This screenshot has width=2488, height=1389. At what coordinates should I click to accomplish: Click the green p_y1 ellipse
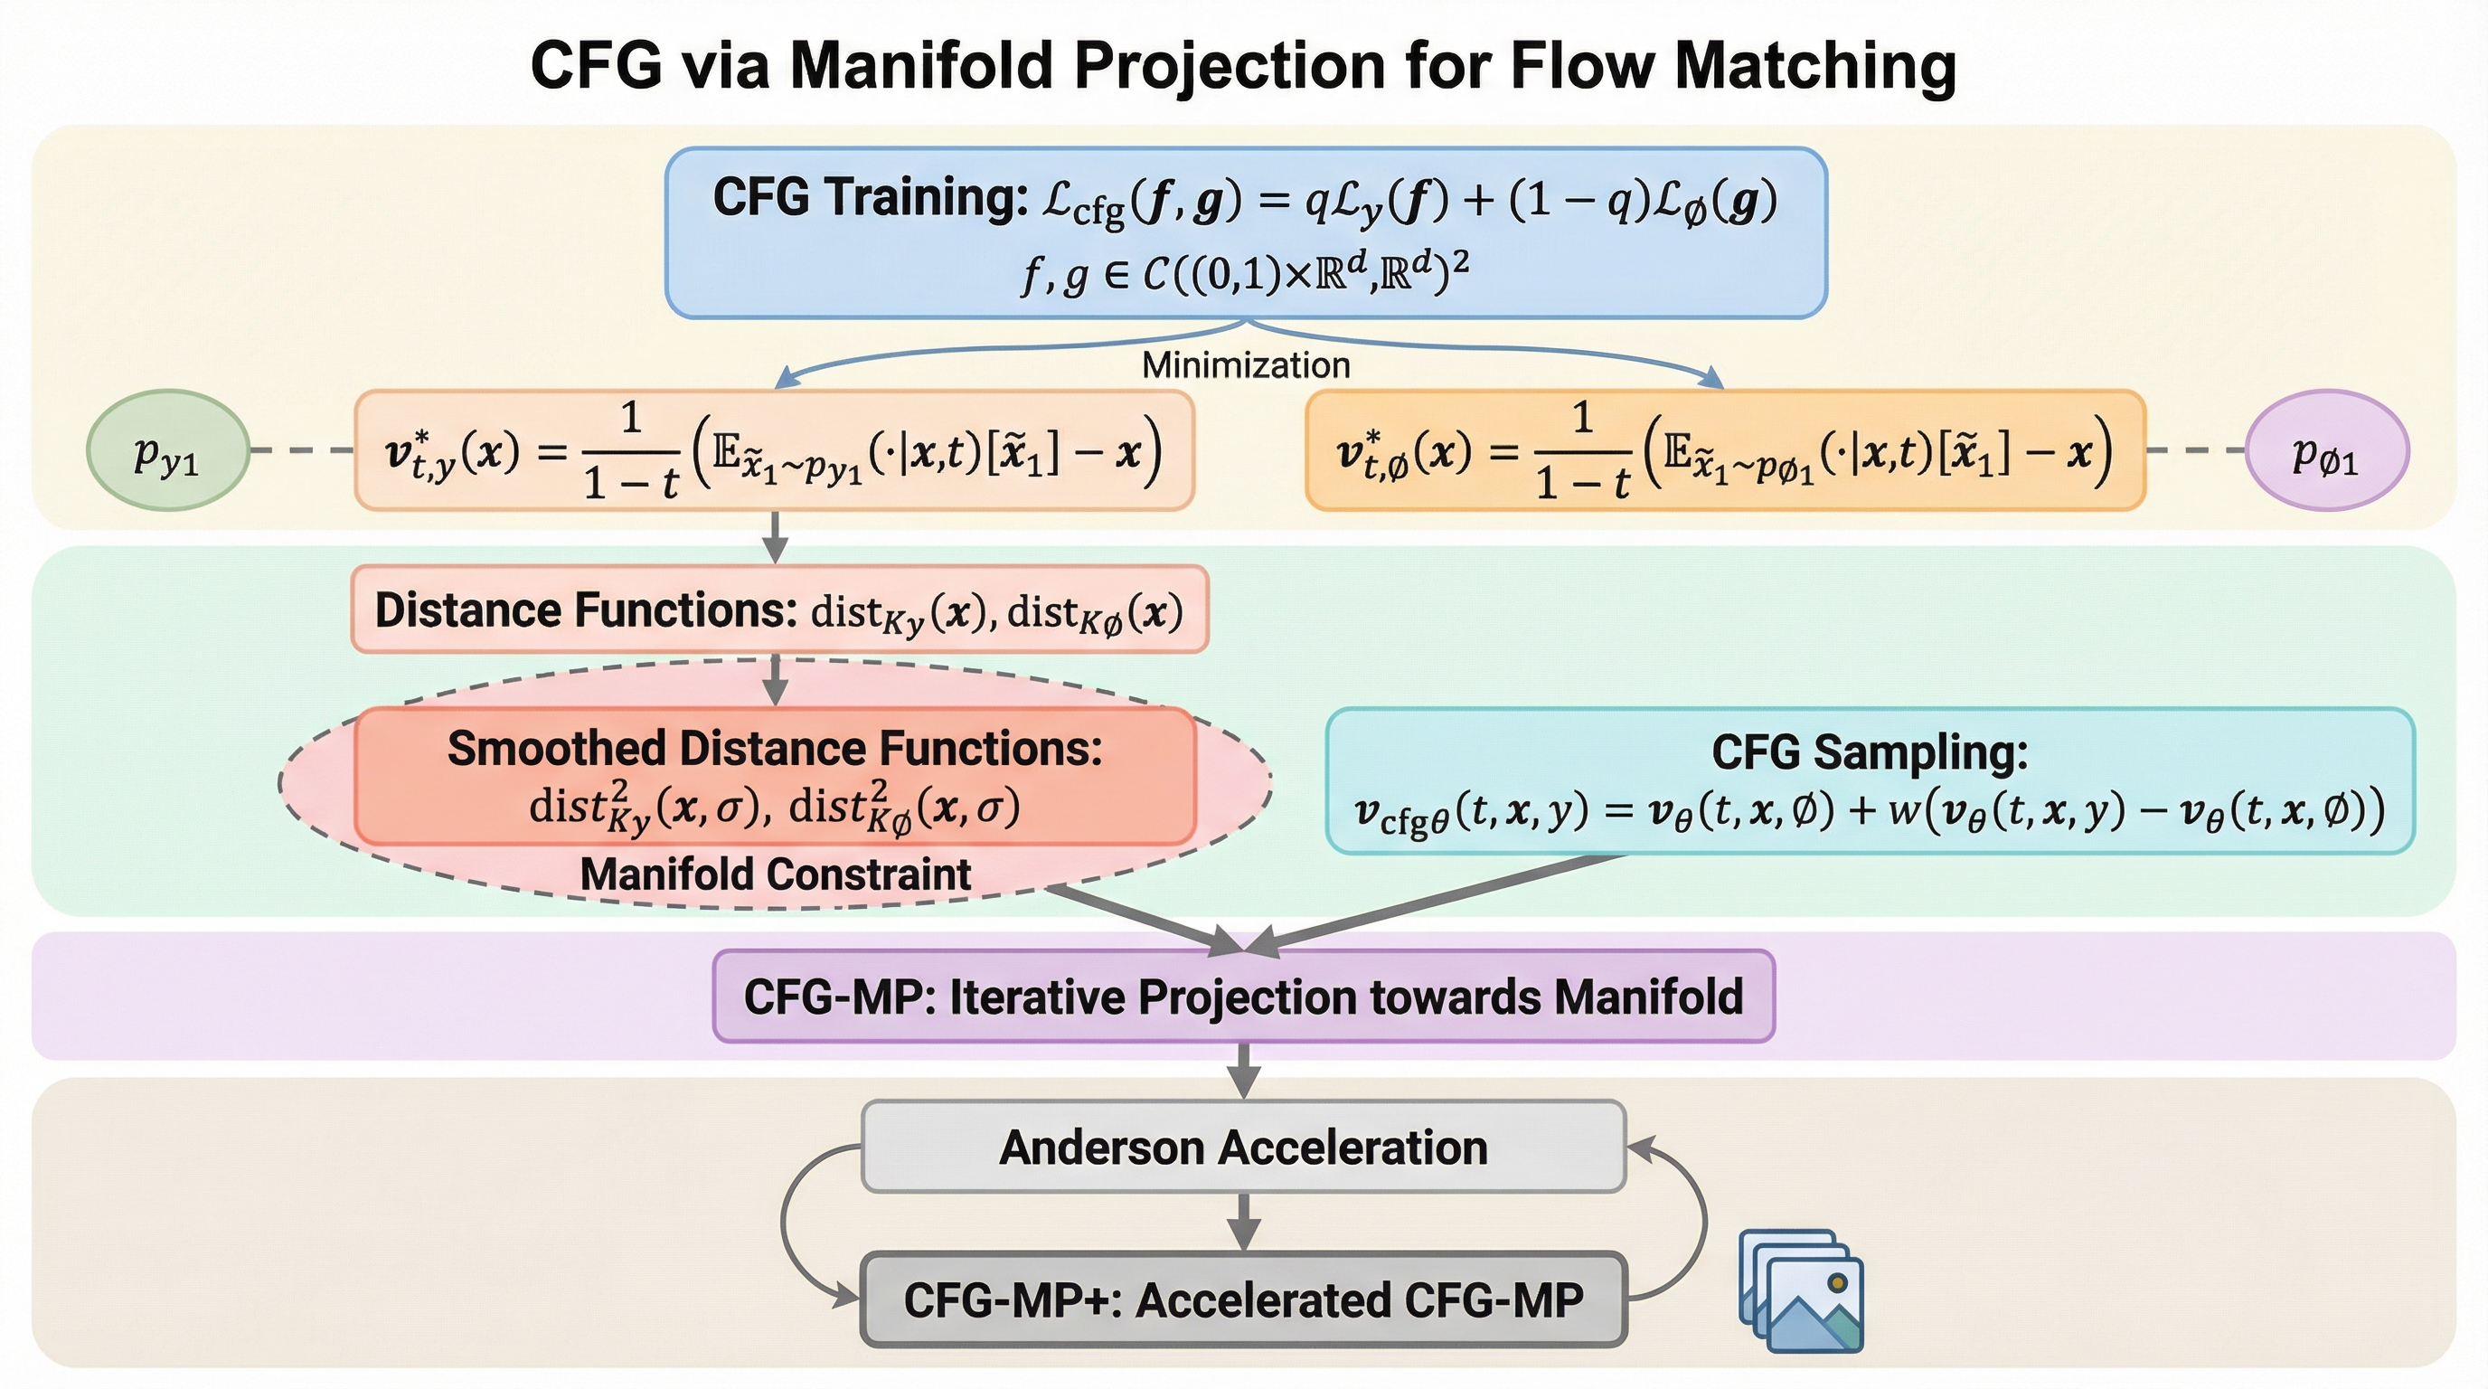pos(168,450)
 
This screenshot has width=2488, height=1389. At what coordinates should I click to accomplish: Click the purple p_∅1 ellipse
pos(2327,450)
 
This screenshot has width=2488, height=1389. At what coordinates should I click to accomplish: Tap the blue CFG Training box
pos(1246,232)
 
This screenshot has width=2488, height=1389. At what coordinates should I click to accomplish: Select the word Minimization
pos(1246,365)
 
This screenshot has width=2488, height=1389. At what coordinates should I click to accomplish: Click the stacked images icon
pos(1801,1290)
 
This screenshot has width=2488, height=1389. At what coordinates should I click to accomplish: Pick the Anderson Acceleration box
pos(1244,1147)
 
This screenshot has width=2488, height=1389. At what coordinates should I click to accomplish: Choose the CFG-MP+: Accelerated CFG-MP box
pos(1244,1299)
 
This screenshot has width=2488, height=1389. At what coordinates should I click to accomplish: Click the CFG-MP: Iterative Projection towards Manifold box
pos(1244,996)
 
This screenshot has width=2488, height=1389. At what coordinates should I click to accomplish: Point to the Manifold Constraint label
pos(776,874)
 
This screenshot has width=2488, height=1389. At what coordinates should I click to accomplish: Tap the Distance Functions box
pos(779,609)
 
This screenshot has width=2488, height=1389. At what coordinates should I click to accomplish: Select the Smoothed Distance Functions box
pos(776,776)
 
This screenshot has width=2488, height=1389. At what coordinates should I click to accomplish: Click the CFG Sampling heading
pos(1870,752)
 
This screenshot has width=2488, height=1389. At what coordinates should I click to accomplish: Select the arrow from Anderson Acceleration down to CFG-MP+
pos(1244,1222)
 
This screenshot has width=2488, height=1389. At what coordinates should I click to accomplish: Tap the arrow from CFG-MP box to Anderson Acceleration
pos(1244,1072)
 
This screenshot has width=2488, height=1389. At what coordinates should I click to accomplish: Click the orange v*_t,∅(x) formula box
pos(1725,450)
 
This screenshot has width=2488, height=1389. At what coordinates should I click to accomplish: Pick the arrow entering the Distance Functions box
pos(775,537)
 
